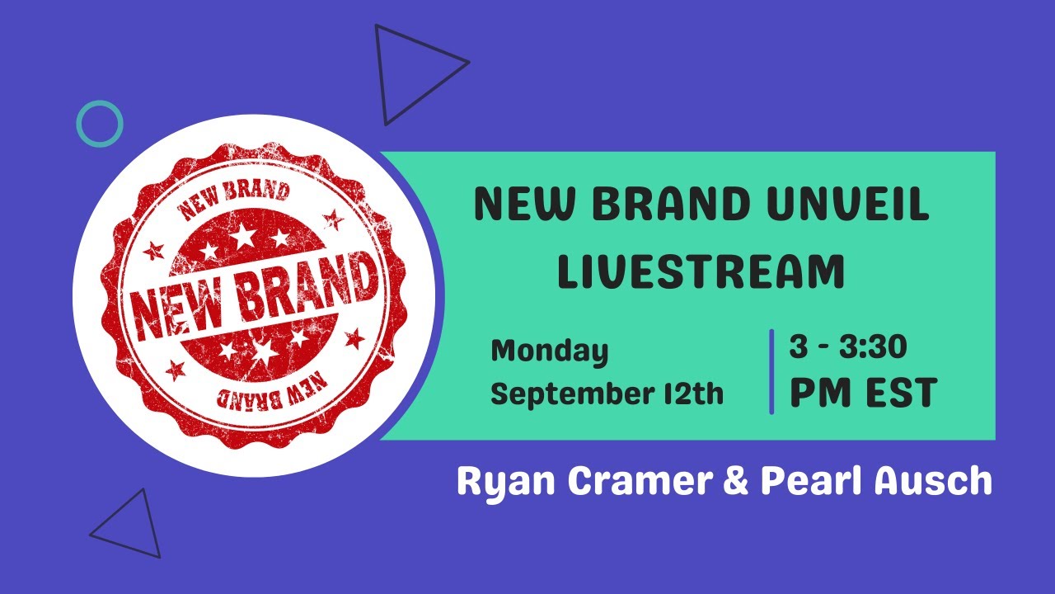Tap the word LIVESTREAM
click(x=701, y=272)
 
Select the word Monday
click(x=549, y=351)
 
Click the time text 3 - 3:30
click(x=848, y=347)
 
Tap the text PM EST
click(x=863, y=394)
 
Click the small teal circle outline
click(x=100, y=124)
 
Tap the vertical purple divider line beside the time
click(x=771, y=371)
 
